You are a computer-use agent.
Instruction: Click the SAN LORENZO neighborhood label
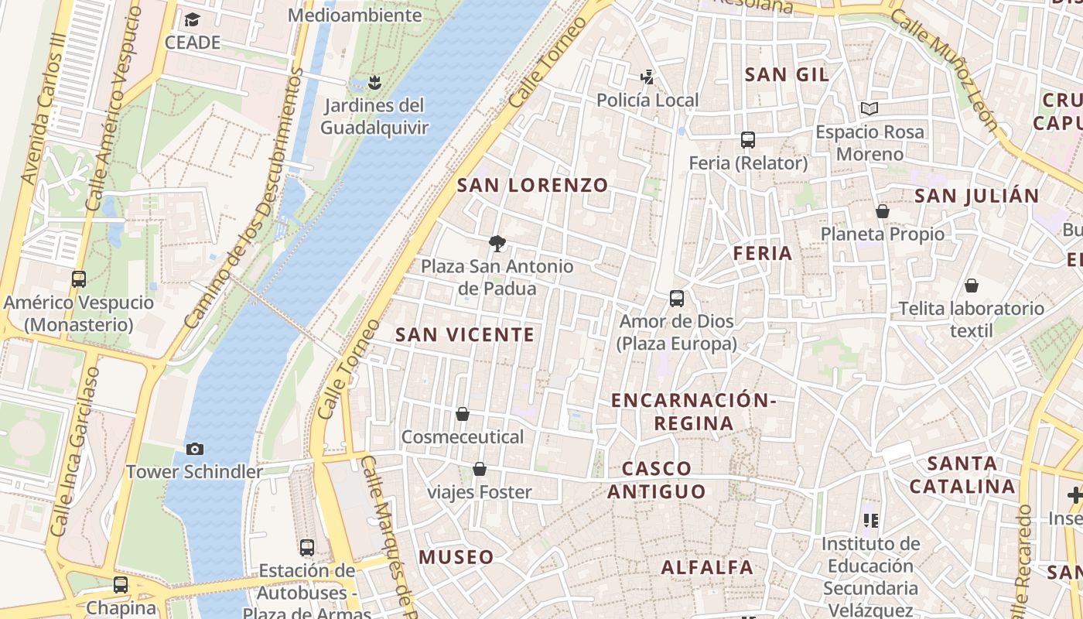pos(532,186)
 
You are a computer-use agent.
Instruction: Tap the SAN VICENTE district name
pos(465,335)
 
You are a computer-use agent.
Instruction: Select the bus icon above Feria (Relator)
pos(747,140)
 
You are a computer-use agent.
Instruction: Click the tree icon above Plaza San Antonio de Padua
pos(497,245)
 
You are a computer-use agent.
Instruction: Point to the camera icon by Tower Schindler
pos(195,449)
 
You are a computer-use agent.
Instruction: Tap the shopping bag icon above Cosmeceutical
pos(463,414)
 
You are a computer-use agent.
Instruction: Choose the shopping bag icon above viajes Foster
pos(480,469)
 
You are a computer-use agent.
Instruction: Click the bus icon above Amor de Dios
pos(677,299)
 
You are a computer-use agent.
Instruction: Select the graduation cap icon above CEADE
pos(192,19)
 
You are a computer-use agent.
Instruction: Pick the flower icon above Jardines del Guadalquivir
pos(374,82)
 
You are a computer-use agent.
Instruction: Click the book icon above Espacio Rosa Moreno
pos(869,109)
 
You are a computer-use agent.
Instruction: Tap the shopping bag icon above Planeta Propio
pos(883,211)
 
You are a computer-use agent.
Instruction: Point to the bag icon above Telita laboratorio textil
pos(972,286)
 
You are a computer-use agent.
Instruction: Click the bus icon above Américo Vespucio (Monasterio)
pos(78,279)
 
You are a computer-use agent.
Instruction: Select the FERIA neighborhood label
pos(763,253)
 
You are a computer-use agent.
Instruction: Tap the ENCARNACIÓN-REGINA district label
pos(693,412)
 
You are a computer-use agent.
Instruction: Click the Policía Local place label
pos(647,100)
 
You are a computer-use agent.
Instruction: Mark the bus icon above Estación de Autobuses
pos(307,548)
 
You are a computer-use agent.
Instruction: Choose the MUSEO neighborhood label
pos(456,557)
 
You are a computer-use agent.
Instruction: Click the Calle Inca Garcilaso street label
pos(75,452)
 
